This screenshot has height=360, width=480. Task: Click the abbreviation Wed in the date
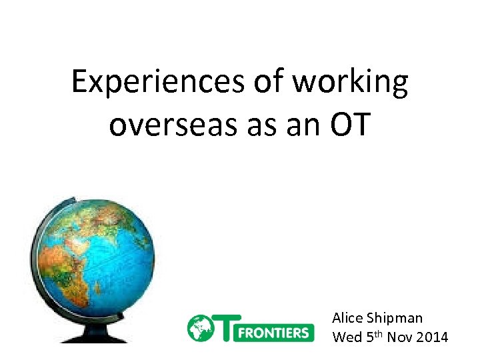point(347,337)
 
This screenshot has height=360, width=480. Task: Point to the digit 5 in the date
point(371,337)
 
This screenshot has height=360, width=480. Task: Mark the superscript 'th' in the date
point(379,334)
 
